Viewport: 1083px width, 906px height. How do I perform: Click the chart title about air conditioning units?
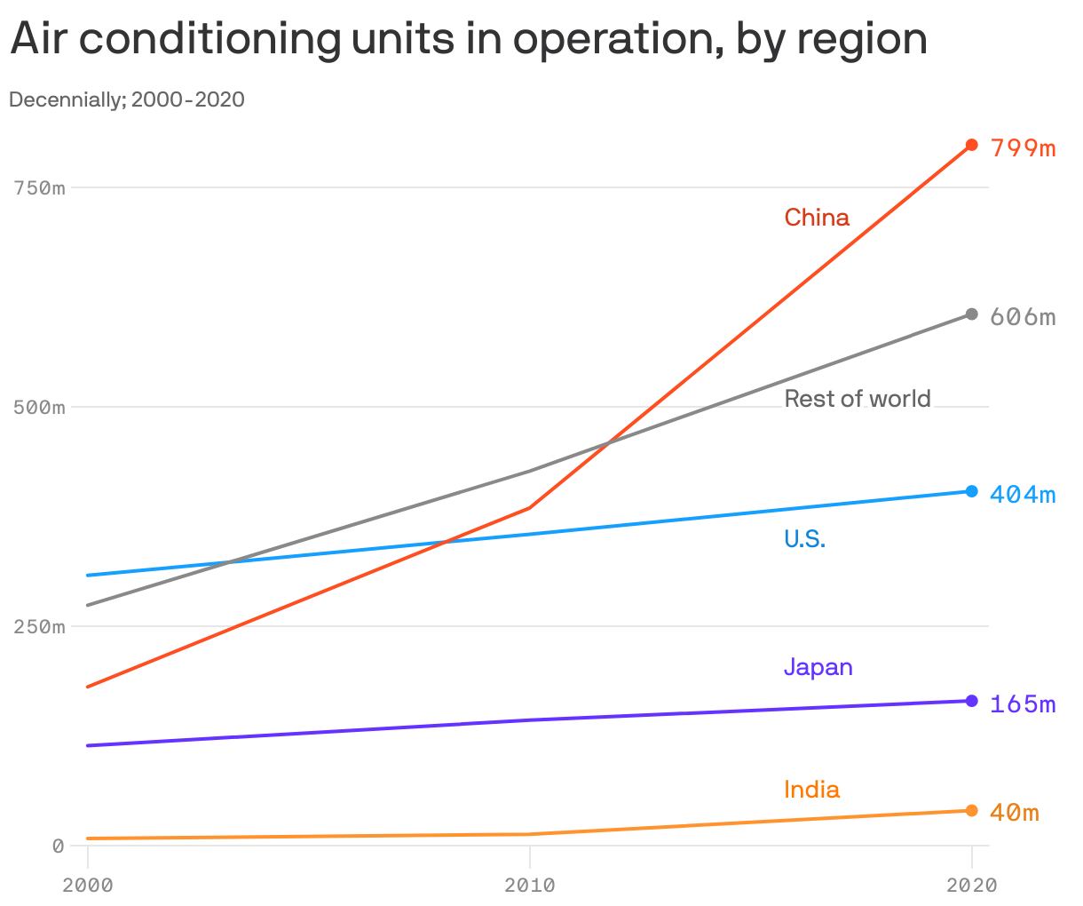(469, 39)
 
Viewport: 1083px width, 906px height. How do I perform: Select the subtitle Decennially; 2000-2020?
(127, 99)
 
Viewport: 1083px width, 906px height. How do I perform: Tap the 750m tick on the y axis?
(39, 188)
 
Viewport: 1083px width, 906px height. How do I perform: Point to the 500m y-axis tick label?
(39, 408)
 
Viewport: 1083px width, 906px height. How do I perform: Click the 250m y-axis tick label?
(39, 627)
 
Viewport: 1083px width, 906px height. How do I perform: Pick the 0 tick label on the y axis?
(58, 846)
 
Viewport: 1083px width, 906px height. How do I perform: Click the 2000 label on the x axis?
(87, 886)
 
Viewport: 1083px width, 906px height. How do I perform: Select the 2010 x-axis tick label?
(529, 886)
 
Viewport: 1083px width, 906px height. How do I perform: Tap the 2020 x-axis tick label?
(971, 886)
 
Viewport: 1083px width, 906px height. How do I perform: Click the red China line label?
(817, 218)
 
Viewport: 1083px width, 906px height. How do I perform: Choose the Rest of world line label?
(858, 399)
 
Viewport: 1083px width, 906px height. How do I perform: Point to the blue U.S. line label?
(804, 538)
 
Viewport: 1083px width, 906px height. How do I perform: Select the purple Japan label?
(818, 667)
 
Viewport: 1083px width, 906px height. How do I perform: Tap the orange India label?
(811, 790)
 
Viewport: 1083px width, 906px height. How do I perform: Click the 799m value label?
(1023, 147)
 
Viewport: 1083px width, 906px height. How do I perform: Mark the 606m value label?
(1023, 317)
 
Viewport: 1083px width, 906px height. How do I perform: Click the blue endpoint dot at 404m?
(972, 491)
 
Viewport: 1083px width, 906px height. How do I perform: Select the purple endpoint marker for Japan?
(972, 701)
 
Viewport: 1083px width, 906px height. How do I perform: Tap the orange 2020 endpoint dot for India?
(972, 810)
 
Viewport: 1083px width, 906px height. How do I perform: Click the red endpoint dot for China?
(972, 145)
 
